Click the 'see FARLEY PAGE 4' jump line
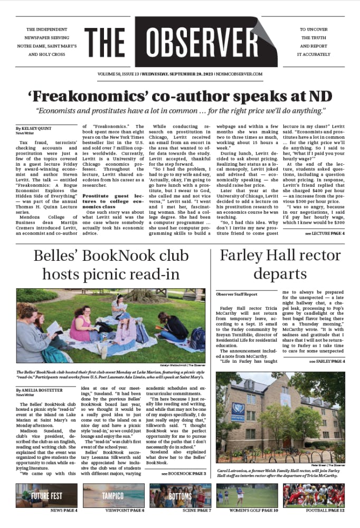pos(327,361)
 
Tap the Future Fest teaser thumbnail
pos(46,496)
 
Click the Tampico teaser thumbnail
pos(113,496)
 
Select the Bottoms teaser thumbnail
pos(180,496)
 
